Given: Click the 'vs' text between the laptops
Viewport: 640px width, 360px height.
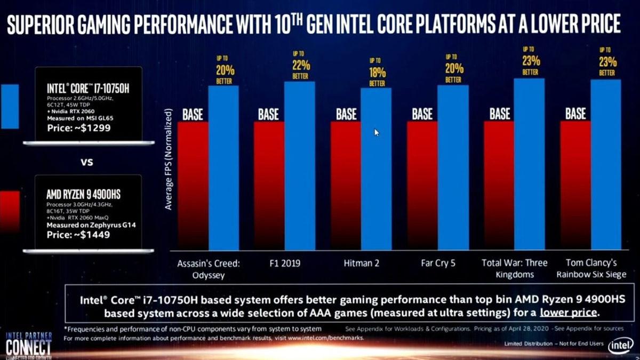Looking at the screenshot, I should coord(86,162).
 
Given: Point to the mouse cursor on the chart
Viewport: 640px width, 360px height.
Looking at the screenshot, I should coord(377,132).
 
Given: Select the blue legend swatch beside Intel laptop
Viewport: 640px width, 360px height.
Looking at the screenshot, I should coord(10,106).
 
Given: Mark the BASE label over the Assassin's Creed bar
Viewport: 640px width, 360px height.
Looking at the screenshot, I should coord(193,114).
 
